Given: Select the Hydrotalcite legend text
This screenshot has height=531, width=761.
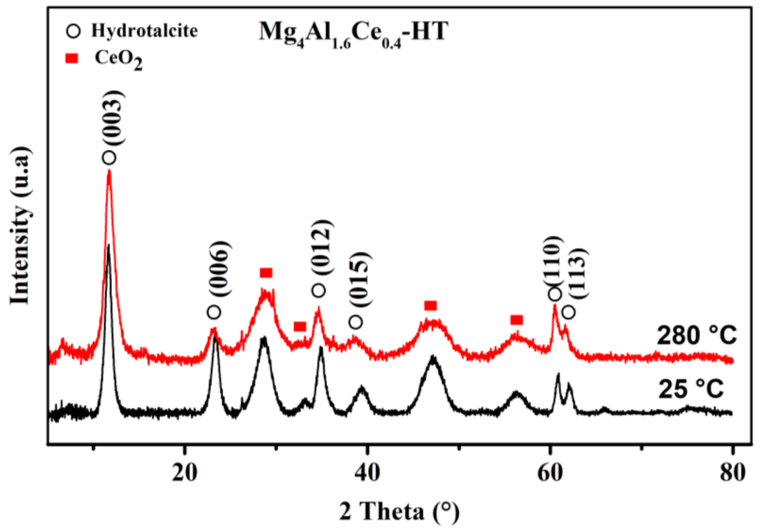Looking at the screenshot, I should pos(144,31).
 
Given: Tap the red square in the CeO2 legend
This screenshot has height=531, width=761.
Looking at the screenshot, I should pos(74,59).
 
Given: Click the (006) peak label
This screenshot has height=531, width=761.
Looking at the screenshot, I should pos(220,270).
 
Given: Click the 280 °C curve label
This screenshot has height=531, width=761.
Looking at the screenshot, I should pos(697,336).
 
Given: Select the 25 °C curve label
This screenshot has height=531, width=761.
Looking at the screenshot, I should pos(691,388).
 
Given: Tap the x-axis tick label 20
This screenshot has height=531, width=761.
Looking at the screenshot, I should pos(185,473).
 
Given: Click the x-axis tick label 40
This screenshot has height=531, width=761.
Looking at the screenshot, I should pos(367,473).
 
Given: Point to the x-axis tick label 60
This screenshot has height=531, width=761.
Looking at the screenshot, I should pos(550,473).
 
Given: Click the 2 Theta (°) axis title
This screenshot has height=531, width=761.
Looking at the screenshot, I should pos(400,511).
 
